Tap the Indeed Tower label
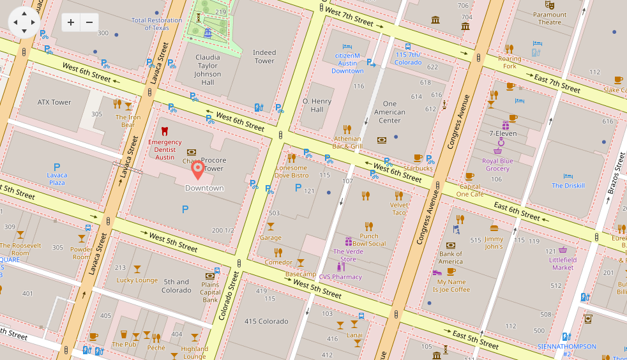tap(264, 57)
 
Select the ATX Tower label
tap(54, 102)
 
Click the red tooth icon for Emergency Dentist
tap(165, 131)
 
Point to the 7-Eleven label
tap(502, 133)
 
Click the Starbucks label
tap(418, 169)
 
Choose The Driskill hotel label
tap(568, 186)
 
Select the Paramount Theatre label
tap(550, 19)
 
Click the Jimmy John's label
tap(494, 243)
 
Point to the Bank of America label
tap(450, 257)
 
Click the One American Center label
tap(389, 112)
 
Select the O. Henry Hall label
tap(317, 105)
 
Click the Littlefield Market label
tap(563, 264)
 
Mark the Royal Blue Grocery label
tap(497, 165)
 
